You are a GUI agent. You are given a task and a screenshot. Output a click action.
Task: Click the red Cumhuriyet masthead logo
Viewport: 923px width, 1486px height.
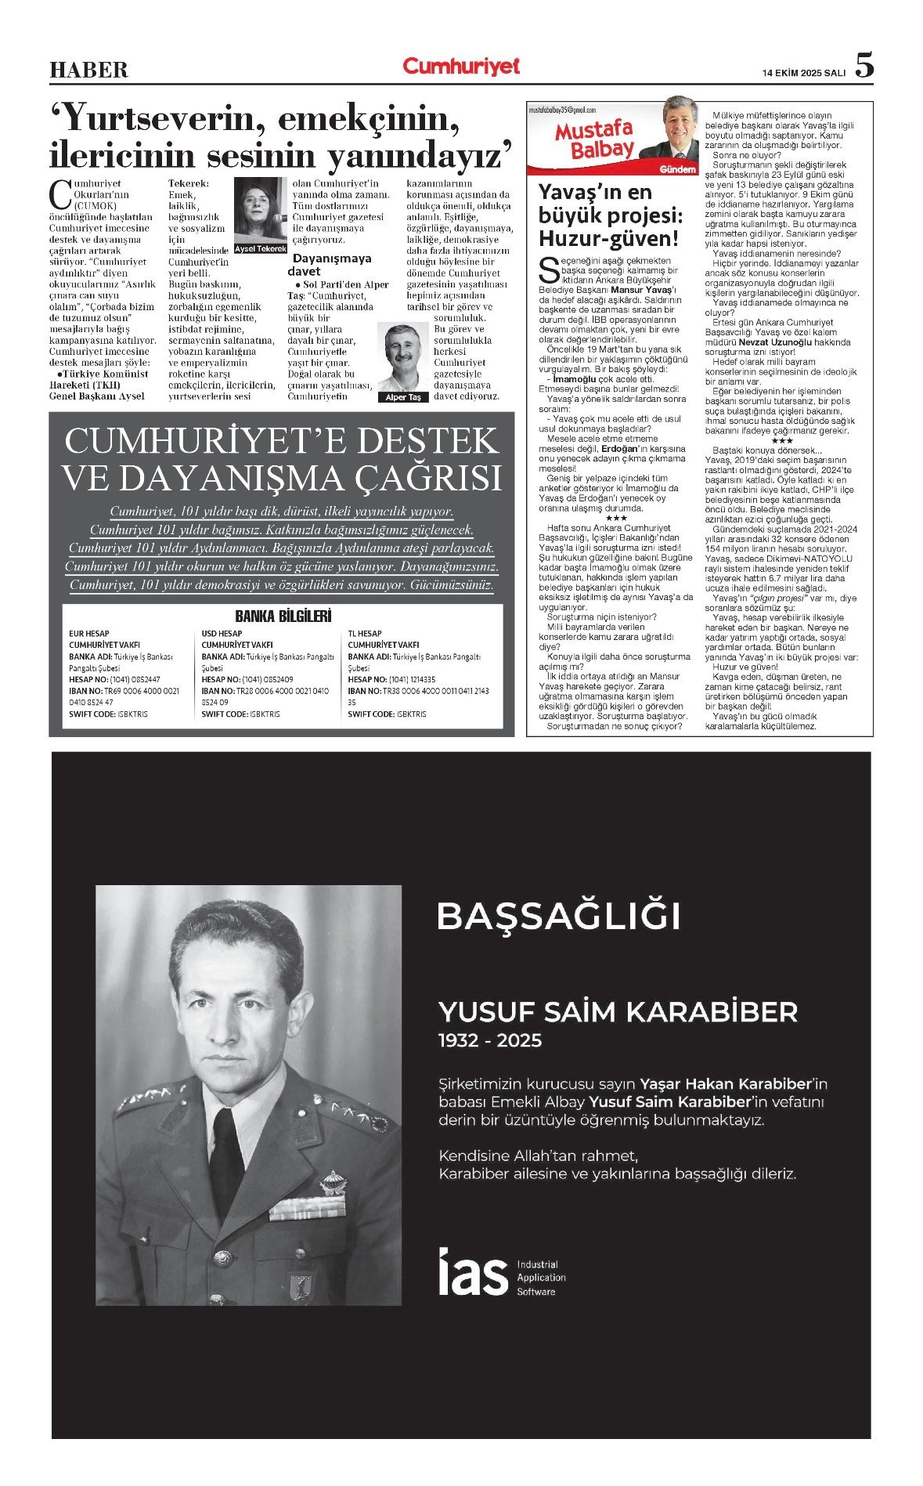click(461, 67)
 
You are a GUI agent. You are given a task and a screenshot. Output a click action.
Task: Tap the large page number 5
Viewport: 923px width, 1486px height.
click(864, 66)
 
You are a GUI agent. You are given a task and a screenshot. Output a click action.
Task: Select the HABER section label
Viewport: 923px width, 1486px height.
click(88, 71)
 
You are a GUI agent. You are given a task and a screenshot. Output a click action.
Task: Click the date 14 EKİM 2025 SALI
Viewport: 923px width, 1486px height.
click(804, 73)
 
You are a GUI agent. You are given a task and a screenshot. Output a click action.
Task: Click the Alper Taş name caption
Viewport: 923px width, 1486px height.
click(403, 397)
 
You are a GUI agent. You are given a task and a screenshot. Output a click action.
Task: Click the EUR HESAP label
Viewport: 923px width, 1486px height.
click(89, 633)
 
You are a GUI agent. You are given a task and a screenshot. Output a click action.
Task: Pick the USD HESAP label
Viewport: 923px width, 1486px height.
click(222, 633)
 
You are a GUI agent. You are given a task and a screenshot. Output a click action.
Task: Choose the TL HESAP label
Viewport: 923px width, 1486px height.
click(365, 633)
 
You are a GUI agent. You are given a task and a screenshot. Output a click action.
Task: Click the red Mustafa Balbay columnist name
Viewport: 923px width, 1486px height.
click(593, 139)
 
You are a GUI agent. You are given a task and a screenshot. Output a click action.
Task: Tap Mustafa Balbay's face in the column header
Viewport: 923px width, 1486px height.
click(679, 125)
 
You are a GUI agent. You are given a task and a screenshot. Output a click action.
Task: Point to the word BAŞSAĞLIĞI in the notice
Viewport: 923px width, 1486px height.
click(558, 916)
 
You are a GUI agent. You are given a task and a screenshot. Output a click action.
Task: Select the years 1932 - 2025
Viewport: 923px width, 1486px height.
click(490, 1040)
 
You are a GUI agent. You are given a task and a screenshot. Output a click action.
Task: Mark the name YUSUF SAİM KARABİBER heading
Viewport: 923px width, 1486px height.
click(618, 1011)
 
